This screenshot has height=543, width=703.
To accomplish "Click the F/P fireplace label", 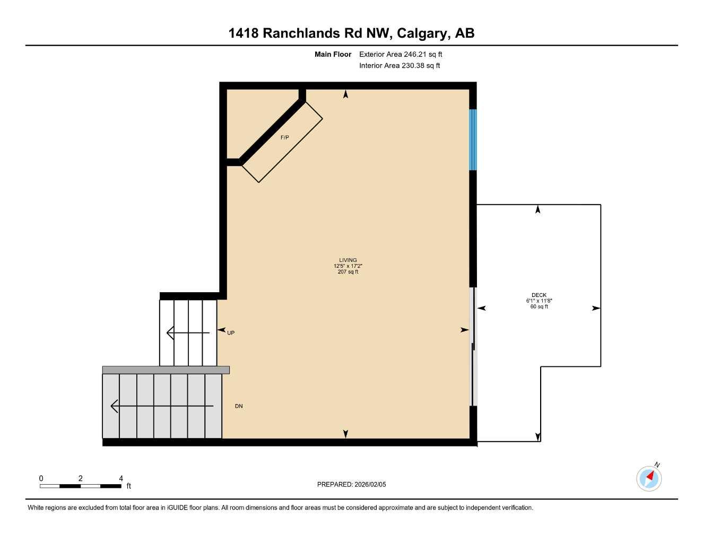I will point(285,137).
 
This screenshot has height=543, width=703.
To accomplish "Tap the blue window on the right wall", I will point(473,139).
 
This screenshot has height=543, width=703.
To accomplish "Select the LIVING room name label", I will point(348,260).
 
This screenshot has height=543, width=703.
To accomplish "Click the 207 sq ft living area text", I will point(348,272).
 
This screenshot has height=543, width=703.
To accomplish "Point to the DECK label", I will point(539,295).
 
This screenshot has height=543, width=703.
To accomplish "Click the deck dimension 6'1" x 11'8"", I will point(539,301).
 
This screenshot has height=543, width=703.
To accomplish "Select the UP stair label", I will point(231,333).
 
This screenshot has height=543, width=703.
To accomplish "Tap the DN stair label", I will point(239,406).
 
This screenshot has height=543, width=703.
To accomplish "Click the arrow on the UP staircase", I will point(188,333).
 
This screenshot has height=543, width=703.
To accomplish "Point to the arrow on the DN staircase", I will point(161,406).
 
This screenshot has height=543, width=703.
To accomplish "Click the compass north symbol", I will point(649,478).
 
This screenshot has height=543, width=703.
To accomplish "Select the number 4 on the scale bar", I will point(121,478).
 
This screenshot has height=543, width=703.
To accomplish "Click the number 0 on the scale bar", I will point(41,478).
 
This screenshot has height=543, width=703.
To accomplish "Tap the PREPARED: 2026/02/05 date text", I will point(351,484).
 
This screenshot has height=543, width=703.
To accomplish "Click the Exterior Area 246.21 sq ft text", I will point(401,54).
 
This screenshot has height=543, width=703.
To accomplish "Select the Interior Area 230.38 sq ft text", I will point(400,66).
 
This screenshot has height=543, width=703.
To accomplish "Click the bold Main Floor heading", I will point(333,54).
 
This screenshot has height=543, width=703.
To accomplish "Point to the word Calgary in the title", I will point(422,33).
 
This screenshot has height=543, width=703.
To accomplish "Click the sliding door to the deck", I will point(474,347).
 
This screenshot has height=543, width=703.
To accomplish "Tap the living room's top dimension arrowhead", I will point(346,94).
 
